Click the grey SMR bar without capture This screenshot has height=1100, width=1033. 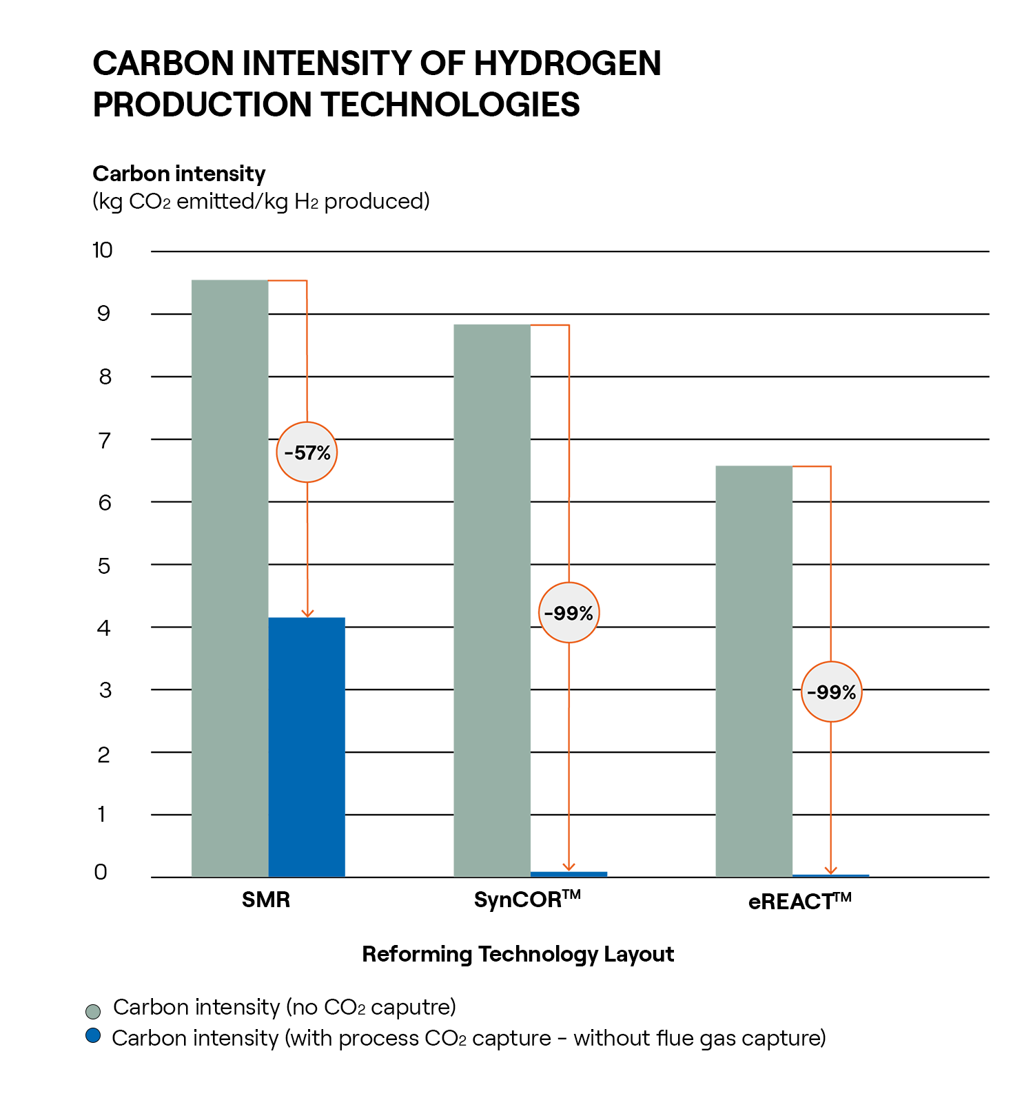tap(229, 578)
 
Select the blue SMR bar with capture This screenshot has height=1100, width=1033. tap(306, 747)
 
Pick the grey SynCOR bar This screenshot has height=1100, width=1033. tap(491, 600)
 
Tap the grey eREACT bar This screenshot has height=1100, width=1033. tap(753, 671)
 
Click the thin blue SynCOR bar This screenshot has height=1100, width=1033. tap(569, 874)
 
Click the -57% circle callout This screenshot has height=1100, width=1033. tap(307, 453)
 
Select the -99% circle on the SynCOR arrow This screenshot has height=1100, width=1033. tap(569, 613)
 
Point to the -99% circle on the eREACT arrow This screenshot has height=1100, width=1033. tap(831, 692)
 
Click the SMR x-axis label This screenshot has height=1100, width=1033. tap(266, 900)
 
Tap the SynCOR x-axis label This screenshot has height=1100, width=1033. tap(527, 900)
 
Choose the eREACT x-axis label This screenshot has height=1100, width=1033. tap(799, 901)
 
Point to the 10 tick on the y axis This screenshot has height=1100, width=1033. tap(103, 250)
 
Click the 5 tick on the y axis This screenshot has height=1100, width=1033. tap(104, 565)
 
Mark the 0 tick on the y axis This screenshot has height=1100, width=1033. tap(101, 872)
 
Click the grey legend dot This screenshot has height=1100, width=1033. tap(93, 1011)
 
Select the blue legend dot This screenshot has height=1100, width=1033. tap(93, 1036)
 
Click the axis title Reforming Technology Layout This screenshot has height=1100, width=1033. tap(518, 954)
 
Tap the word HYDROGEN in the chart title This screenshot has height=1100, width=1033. tap(567, 63)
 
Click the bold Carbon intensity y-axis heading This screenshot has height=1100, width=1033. tap(179, 174)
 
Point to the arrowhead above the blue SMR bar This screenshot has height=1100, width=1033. tap(307, 613)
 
